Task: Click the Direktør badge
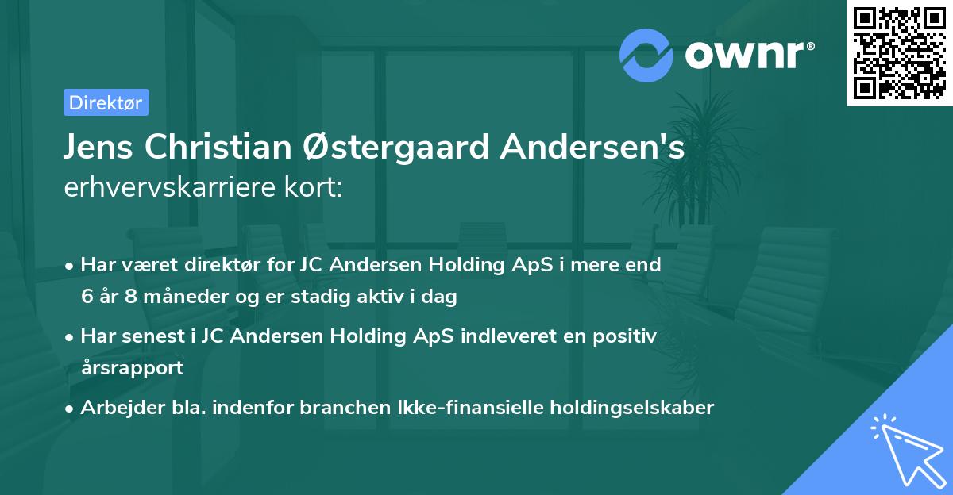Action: [106, 102]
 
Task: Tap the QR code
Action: [899, 53]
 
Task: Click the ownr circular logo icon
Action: [646, 55]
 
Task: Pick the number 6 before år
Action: [87, 297]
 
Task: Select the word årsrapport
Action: [132, 367]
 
